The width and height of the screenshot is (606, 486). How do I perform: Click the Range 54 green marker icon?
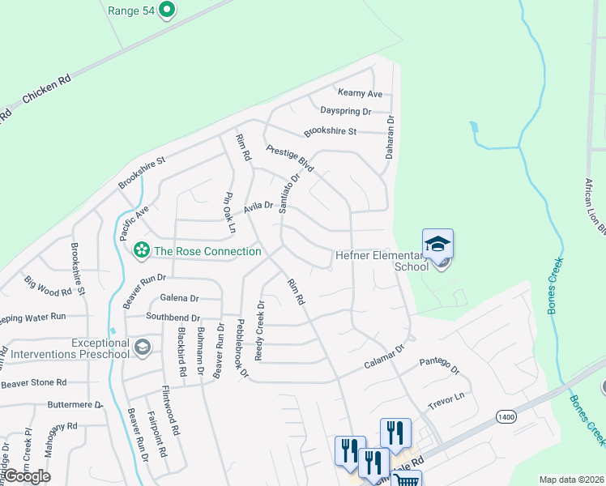[167, 11]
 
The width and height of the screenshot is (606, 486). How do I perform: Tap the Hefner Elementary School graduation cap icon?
[437, 244]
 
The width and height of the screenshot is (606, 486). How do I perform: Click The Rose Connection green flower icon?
[142, 250]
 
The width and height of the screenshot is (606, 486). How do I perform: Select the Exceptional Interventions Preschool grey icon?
[143, 347]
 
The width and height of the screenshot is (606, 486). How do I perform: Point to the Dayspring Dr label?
[345, 111]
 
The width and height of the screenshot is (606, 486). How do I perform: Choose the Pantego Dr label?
[438, 365]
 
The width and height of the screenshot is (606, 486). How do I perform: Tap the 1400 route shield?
[507, 416]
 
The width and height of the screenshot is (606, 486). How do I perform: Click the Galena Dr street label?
[179, 297]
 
